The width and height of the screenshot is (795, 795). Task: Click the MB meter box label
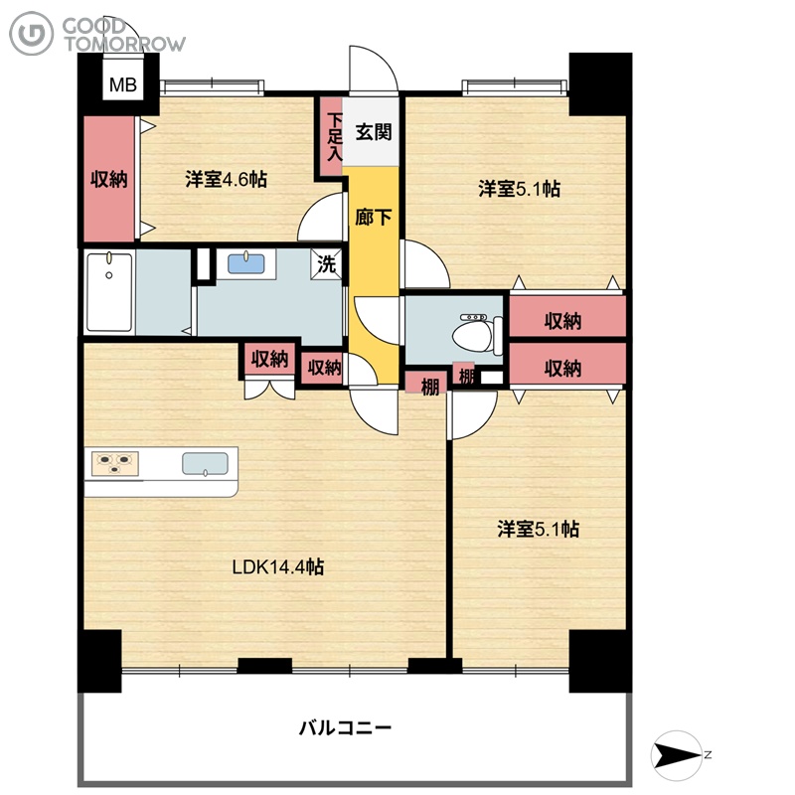[x=122, y=84]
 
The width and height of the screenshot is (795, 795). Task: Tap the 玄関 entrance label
[x=374, y=132]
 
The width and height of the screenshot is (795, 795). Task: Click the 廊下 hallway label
[x=374, y=218]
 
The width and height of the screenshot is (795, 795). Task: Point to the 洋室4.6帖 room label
[x=227, y=180]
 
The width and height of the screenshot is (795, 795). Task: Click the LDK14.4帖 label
[x=278, y=566]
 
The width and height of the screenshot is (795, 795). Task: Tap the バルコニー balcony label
[x=345, y=728]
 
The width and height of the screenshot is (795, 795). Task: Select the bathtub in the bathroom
[x=109, y=292]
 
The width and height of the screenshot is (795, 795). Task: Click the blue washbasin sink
[x=245, y=263]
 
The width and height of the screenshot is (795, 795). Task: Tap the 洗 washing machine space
[x=327, y=263]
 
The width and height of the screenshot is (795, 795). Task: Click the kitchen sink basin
[x=205, y=464]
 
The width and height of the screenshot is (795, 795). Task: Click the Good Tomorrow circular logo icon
[x=32, y=34]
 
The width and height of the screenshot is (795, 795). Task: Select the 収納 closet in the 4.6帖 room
[x=109, y=180]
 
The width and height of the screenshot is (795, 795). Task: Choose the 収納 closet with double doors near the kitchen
[x=269, y=360]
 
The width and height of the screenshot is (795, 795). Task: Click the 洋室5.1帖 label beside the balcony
[x=539, y=529]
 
